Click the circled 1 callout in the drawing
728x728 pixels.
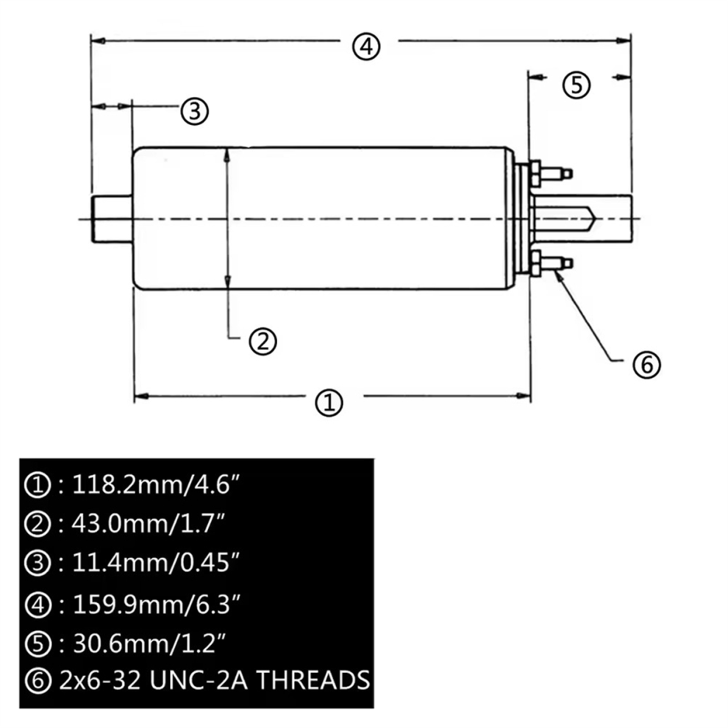[329, 402]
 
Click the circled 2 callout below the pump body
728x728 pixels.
[263, 342]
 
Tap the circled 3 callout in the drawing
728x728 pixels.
[195, 112]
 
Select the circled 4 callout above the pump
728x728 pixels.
[366, 46]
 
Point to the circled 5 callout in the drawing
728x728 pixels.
[577, 85]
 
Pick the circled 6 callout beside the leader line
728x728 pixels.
[647, 365]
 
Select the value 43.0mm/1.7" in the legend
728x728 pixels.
[149, 524]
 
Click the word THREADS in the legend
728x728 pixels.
[314, 680]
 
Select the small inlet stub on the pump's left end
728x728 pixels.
[112, 219]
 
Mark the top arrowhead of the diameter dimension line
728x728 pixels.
[227, 154]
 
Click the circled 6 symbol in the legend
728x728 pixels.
[38, 681]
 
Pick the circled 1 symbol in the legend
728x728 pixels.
[38, 485]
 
